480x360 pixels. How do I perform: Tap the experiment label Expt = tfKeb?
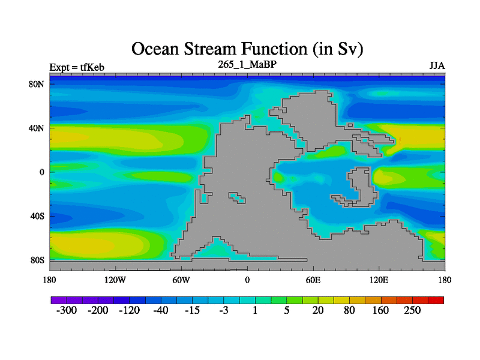point(77,67)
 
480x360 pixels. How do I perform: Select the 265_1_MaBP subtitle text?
point(247,64)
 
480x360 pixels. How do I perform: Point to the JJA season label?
point(437,66)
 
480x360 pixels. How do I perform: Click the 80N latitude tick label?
point(37,84)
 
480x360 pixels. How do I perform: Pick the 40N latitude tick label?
point(37,128)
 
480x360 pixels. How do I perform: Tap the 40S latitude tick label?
point(37,216)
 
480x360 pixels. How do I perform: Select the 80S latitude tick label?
point(37,260)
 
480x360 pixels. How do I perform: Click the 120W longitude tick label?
point(115,280)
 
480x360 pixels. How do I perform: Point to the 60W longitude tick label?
point(181,280)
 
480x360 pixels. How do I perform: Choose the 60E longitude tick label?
point(313,280)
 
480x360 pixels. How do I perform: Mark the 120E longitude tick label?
point(379,280)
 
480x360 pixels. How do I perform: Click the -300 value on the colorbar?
point(67,310)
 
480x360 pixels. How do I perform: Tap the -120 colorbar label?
point(129,310)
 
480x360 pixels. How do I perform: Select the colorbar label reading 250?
point(412,310)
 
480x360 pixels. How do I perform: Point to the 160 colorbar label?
point(380,310)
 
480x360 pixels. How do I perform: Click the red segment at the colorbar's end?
point(436,300)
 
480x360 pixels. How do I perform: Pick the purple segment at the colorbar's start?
point(59,300)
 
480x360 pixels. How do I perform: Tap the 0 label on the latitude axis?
point(41,172)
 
